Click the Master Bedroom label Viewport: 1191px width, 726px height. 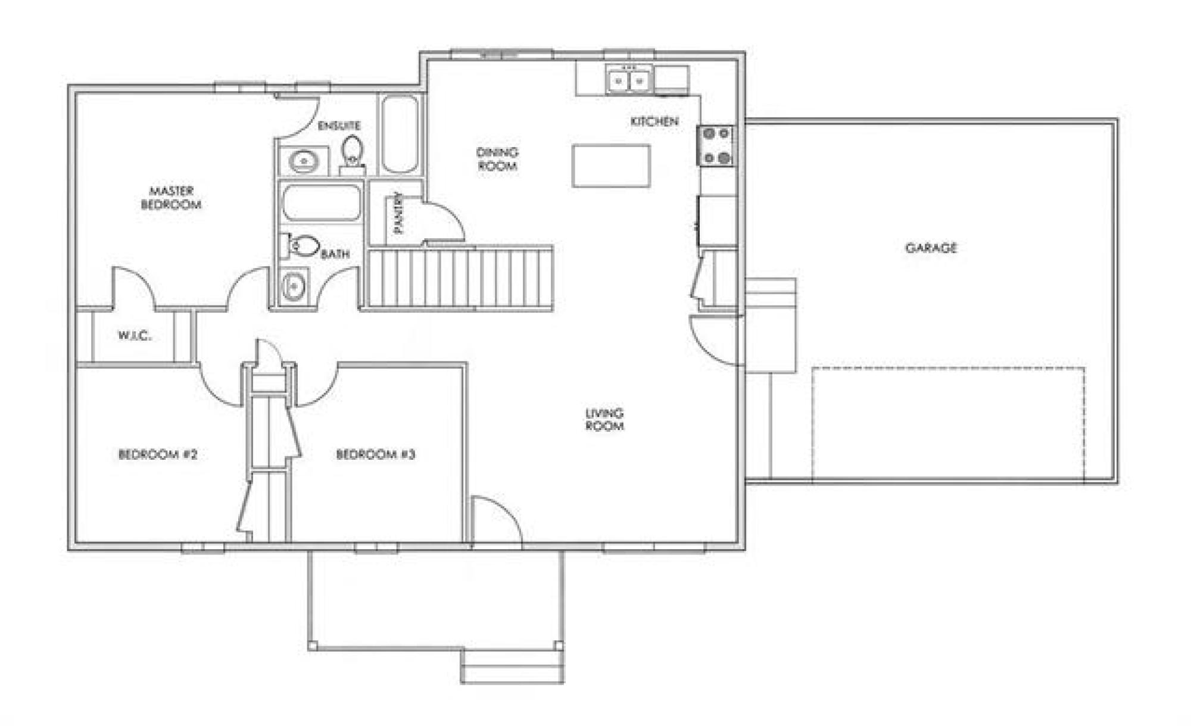pyautogui.click(x=171, y=198)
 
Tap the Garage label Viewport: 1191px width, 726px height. pyautogui.click(x=931, y=248)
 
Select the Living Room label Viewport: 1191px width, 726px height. pyautogui.click(x=604, y=419)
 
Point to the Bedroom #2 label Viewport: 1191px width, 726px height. pyautogui.click(x=158, y=454)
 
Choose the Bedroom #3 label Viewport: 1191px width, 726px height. pyautogui.click(x=375, y=454)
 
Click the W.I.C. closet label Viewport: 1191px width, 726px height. pyautogui.click(x=135, y=335)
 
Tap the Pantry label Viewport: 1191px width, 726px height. pyautogui.click(x=398, y=213)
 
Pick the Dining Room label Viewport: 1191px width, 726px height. pyautogui.click(x=497, y=159)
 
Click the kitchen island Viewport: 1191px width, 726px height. pyautogui.click(x=611, y=166)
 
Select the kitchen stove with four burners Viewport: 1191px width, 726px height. pyautogui.click(x=716, y=145)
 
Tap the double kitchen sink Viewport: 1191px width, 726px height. pyautogui.click(x=629, y=80)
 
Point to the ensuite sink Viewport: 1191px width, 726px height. pyautogui.click(x=304, y=161)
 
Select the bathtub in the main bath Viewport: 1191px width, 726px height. pyautogui.click(x=322, y=203)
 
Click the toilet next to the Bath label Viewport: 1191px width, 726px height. pyautogui.click(x=301, y=246)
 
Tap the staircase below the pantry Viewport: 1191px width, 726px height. pyautogui.click(x=459, y=278)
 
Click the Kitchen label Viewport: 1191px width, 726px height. pyautogui.click(x=654, y=121)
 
